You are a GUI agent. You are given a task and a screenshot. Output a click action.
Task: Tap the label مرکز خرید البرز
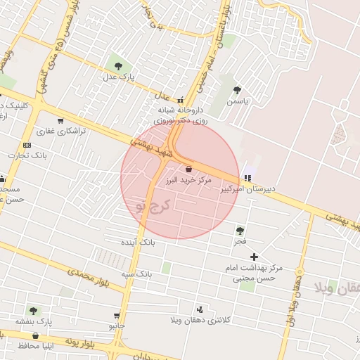tap(188, 181)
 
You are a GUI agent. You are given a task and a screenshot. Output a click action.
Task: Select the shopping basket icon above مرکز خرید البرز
tap(188, 169)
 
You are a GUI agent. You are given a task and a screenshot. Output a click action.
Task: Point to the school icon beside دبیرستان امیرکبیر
tap(246, 177)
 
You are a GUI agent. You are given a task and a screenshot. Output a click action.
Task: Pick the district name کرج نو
tap(152, 205)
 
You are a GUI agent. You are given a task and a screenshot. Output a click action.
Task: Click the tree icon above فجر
tap(240, 231)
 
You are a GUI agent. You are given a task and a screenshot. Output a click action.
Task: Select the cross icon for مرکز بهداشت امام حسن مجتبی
tap(254, 257)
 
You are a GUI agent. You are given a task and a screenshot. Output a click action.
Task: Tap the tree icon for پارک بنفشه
tap(33, 310)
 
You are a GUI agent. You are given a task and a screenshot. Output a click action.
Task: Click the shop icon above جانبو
tap(117, 316)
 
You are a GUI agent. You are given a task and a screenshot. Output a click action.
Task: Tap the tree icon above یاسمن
tap(237, 90)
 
